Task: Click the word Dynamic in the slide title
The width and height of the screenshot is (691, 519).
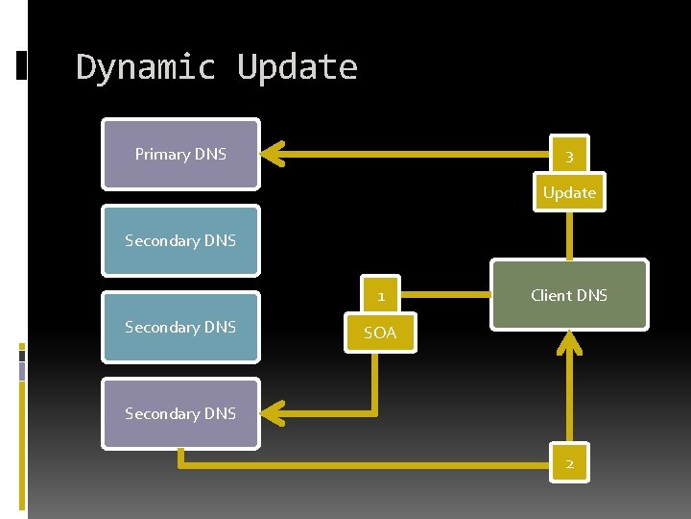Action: pyautogui.click(x=145, y=68)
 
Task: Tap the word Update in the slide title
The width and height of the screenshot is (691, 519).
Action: pyautogui.click(x=298, y=68)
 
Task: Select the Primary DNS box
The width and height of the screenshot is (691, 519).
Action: pyautogui.click(x=180, y=154)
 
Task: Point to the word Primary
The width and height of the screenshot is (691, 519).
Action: pyautogui.click(x=163, y=154)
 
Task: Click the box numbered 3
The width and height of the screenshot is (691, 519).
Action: pyautogui.click(x=569, y=156)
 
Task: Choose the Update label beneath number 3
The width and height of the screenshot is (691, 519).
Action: pyautogui.click(x=569, y=192)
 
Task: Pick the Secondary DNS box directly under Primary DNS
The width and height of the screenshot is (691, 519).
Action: pyautogui.click(x=180, y=240)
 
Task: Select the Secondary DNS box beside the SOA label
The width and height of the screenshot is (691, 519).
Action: pyautogui.click(x=180, y=327)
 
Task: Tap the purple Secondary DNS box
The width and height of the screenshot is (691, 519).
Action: pyautogui.click(x=180, y=413)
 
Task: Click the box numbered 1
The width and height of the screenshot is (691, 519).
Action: pyautogui.click(x=381, y=296)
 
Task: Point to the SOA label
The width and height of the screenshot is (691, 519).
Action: pyautogui.click(x=379, y=333)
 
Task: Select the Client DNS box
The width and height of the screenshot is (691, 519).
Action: pyautogui.click(x=569, y=295)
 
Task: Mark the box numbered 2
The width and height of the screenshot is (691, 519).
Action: pyautogui.click(x=569, y=464)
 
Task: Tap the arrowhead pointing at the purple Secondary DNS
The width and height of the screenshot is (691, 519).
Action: pyautogui.click(x=274, y=413)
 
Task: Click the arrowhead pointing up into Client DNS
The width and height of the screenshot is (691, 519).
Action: pyautogui.click(x=569, y=340)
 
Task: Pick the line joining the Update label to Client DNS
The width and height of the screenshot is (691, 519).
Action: pyautogui.click(x=569, y=235)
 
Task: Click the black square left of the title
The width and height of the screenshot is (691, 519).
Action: pyautogui.click(x=22, y=64)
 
